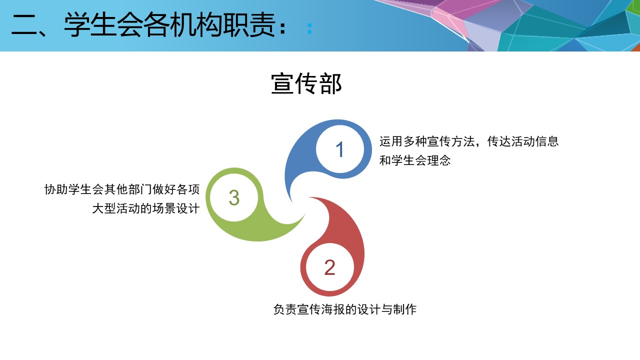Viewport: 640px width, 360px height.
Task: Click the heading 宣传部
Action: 306,83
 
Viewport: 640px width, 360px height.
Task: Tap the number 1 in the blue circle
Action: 339,149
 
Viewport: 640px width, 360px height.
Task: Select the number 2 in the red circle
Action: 329,267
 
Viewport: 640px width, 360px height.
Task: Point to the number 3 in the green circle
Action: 234,197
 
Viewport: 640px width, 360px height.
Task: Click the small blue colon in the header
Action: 309,28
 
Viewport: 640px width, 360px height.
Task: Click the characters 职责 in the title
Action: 248,25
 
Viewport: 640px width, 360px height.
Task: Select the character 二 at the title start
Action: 24,25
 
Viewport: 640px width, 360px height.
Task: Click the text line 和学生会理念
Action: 415,160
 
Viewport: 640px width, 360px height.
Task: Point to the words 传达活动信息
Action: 523,141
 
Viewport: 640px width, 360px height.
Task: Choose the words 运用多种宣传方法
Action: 427,141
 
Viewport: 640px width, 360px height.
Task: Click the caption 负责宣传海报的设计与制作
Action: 345,309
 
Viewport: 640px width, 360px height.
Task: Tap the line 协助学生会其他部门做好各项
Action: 122,189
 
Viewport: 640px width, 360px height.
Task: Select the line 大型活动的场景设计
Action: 145,208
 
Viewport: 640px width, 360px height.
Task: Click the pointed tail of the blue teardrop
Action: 291,201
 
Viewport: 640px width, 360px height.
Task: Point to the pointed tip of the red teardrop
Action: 309,197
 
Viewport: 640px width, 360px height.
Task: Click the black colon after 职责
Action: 282,28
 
